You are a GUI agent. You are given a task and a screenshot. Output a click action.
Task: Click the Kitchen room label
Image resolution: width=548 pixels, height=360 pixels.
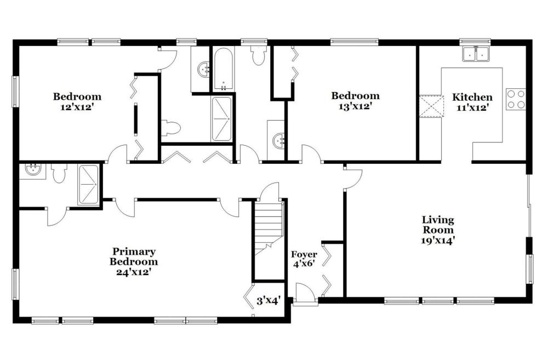pos(472,97)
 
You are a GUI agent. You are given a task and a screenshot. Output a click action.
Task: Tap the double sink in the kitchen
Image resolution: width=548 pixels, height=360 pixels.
pos(476,54)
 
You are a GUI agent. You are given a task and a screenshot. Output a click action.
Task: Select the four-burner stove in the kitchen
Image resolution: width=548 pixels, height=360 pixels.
pos(516,99)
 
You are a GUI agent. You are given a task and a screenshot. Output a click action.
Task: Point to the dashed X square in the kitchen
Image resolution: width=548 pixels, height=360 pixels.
pos(430,106)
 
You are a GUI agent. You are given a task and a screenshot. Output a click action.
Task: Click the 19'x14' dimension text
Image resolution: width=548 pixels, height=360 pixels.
pos(438,240)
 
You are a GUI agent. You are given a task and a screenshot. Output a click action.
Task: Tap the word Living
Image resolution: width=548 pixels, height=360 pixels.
pos(438,220)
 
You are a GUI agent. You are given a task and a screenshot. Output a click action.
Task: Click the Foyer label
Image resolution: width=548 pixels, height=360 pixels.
pos(304,254)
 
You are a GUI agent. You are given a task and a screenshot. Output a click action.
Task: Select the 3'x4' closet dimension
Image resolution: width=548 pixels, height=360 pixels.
pos(269,301)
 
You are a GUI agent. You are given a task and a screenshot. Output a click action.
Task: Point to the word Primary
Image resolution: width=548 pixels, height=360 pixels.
pos(134,252)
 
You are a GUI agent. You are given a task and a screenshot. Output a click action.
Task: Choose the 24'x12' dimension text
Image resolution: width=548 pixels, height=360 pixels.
pos(134,272)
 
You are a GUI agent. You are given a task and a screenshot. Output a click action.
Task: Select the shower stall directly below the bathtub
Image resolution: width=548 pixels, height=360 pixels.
pos(221,119)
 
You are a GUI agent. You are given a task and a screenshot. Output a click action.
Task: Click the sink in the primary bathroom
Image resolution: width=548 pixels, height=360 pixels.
pos(33,170)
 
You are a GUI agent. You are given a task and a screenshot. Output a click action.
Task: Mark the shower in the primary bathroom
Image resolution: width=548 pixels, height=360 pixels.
pos(89,184)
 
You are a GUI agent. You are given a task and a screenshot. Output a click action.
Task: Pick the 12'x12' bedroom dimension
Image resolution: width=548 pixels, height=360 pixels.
pos(77,107)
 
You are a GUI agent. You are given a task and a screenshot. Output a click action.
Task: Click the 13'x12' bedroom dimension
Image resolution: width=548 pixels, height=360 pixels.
pos(355,106)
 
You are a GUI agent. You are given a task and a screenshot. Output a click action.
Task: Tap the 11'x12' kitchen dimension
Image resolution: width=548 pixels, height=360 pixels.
pos(472,107)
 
